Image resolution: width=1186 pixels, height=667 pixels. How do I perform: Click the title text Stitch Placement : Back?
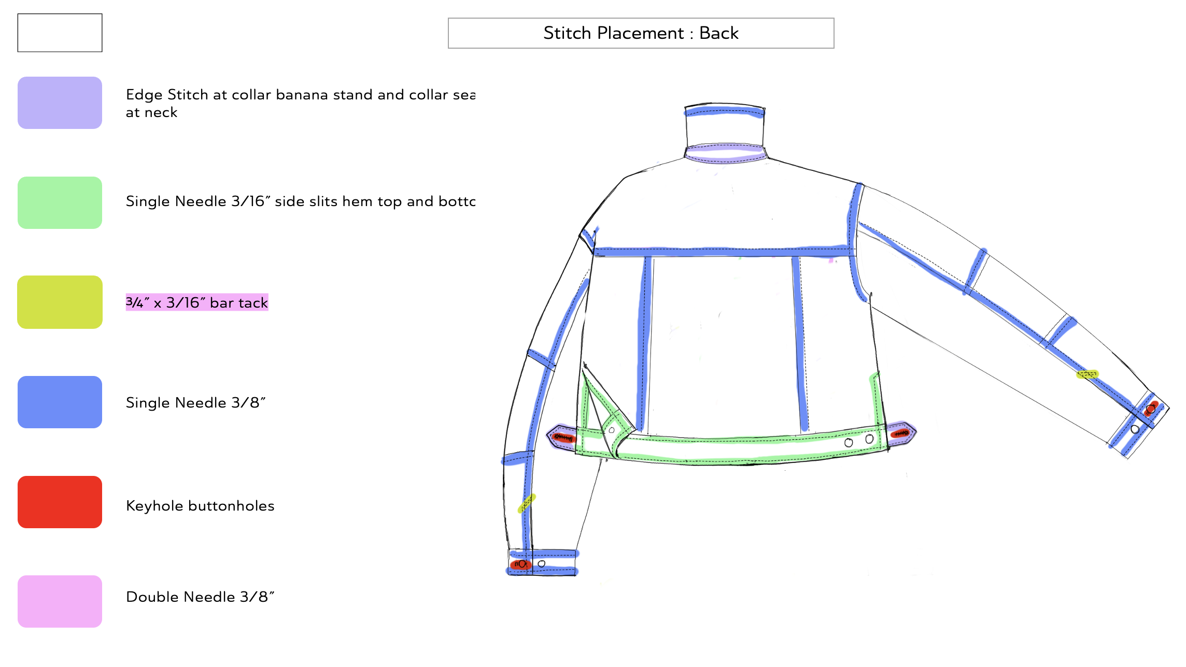641,33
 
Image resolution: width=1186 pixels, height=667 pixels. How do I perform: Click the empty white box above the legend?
60,33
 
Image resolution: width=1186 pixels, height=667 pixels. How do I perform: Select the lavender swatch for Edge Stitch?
60,103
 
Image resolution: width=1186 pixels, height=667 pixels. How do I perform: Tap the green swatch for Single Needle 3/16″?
60,202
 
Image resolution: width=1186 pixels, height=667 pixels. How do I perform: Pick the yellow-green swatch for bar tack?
60,302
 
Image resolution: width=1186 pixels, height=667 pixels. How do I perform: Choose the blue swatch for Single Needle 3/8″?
60,402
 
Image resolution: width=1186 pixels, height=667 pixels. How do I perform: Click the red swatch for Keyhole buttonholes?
60,502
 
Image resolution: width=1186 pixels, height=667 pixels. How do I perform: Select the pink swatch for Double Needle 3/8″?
60,601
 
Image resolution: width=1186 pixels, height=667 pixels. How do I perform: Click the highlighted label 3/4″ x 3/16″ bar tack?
197,302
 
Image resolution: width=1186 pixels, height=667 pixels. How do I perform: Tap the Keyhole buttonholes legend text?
200,505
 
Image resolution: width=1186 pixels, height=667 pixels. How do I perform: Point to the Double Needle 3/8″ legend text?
200,597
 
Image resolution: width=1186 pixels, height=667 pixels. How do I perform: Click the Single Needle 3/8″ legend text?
195,402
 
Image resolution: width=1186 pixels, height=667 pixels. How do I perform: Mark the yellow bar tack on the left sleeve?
527,502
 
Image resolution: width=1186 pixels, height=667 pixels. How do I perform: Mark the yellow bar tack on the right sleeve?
1087,374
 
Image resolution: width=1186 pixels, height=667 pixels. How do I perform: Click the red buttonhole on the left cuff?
520,564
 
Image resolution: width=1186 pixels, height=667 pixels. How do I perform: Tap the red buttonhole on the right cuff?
1151,409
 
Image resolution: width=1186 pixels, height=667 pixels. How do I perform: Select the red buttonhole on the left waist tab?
563,438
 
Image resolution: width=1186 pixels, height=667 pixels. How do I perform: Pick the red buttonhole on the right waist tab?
900,433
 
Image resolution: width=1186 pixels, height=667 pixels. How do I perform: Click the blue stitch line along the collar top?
724,111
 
